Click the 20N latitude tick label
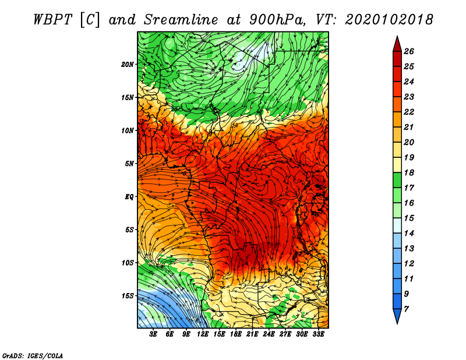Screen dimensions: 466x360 (128, 65)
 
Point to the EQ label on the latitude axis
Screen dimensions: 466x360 (129, 197)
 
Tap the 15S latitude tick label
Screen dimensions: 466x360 (128, 296)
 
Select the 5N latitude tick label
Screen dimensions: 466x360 (129, 164)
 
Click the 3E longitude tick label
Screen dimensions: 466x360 (153, 334)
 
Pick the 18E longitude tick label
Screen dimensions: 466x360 (236, 334)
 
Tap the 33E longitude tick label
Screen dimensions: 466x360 (318, 334)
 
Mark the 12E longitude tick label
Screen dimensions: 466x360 (203, 334)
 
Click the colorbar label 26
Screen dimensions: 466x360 (409, 52)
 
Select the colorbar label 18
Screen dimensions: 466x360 (409, 173)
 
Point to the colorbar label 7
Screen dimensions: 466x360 (406, 309)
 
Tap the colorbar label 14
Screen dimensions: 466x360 (409, 234)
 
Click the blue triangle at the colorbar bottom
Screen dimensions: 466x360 (397, 315)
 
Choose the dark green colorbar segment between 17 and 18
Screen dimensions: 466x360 (397, 181)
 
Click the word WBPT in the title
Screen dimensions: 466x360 (52, 20)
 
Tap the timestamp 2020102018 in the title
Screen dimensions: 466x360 (389, 20)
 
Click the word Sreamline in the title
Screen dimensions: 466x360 (181, 20)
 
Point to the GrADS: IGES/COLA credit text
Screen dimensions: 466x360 (33, 356)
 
